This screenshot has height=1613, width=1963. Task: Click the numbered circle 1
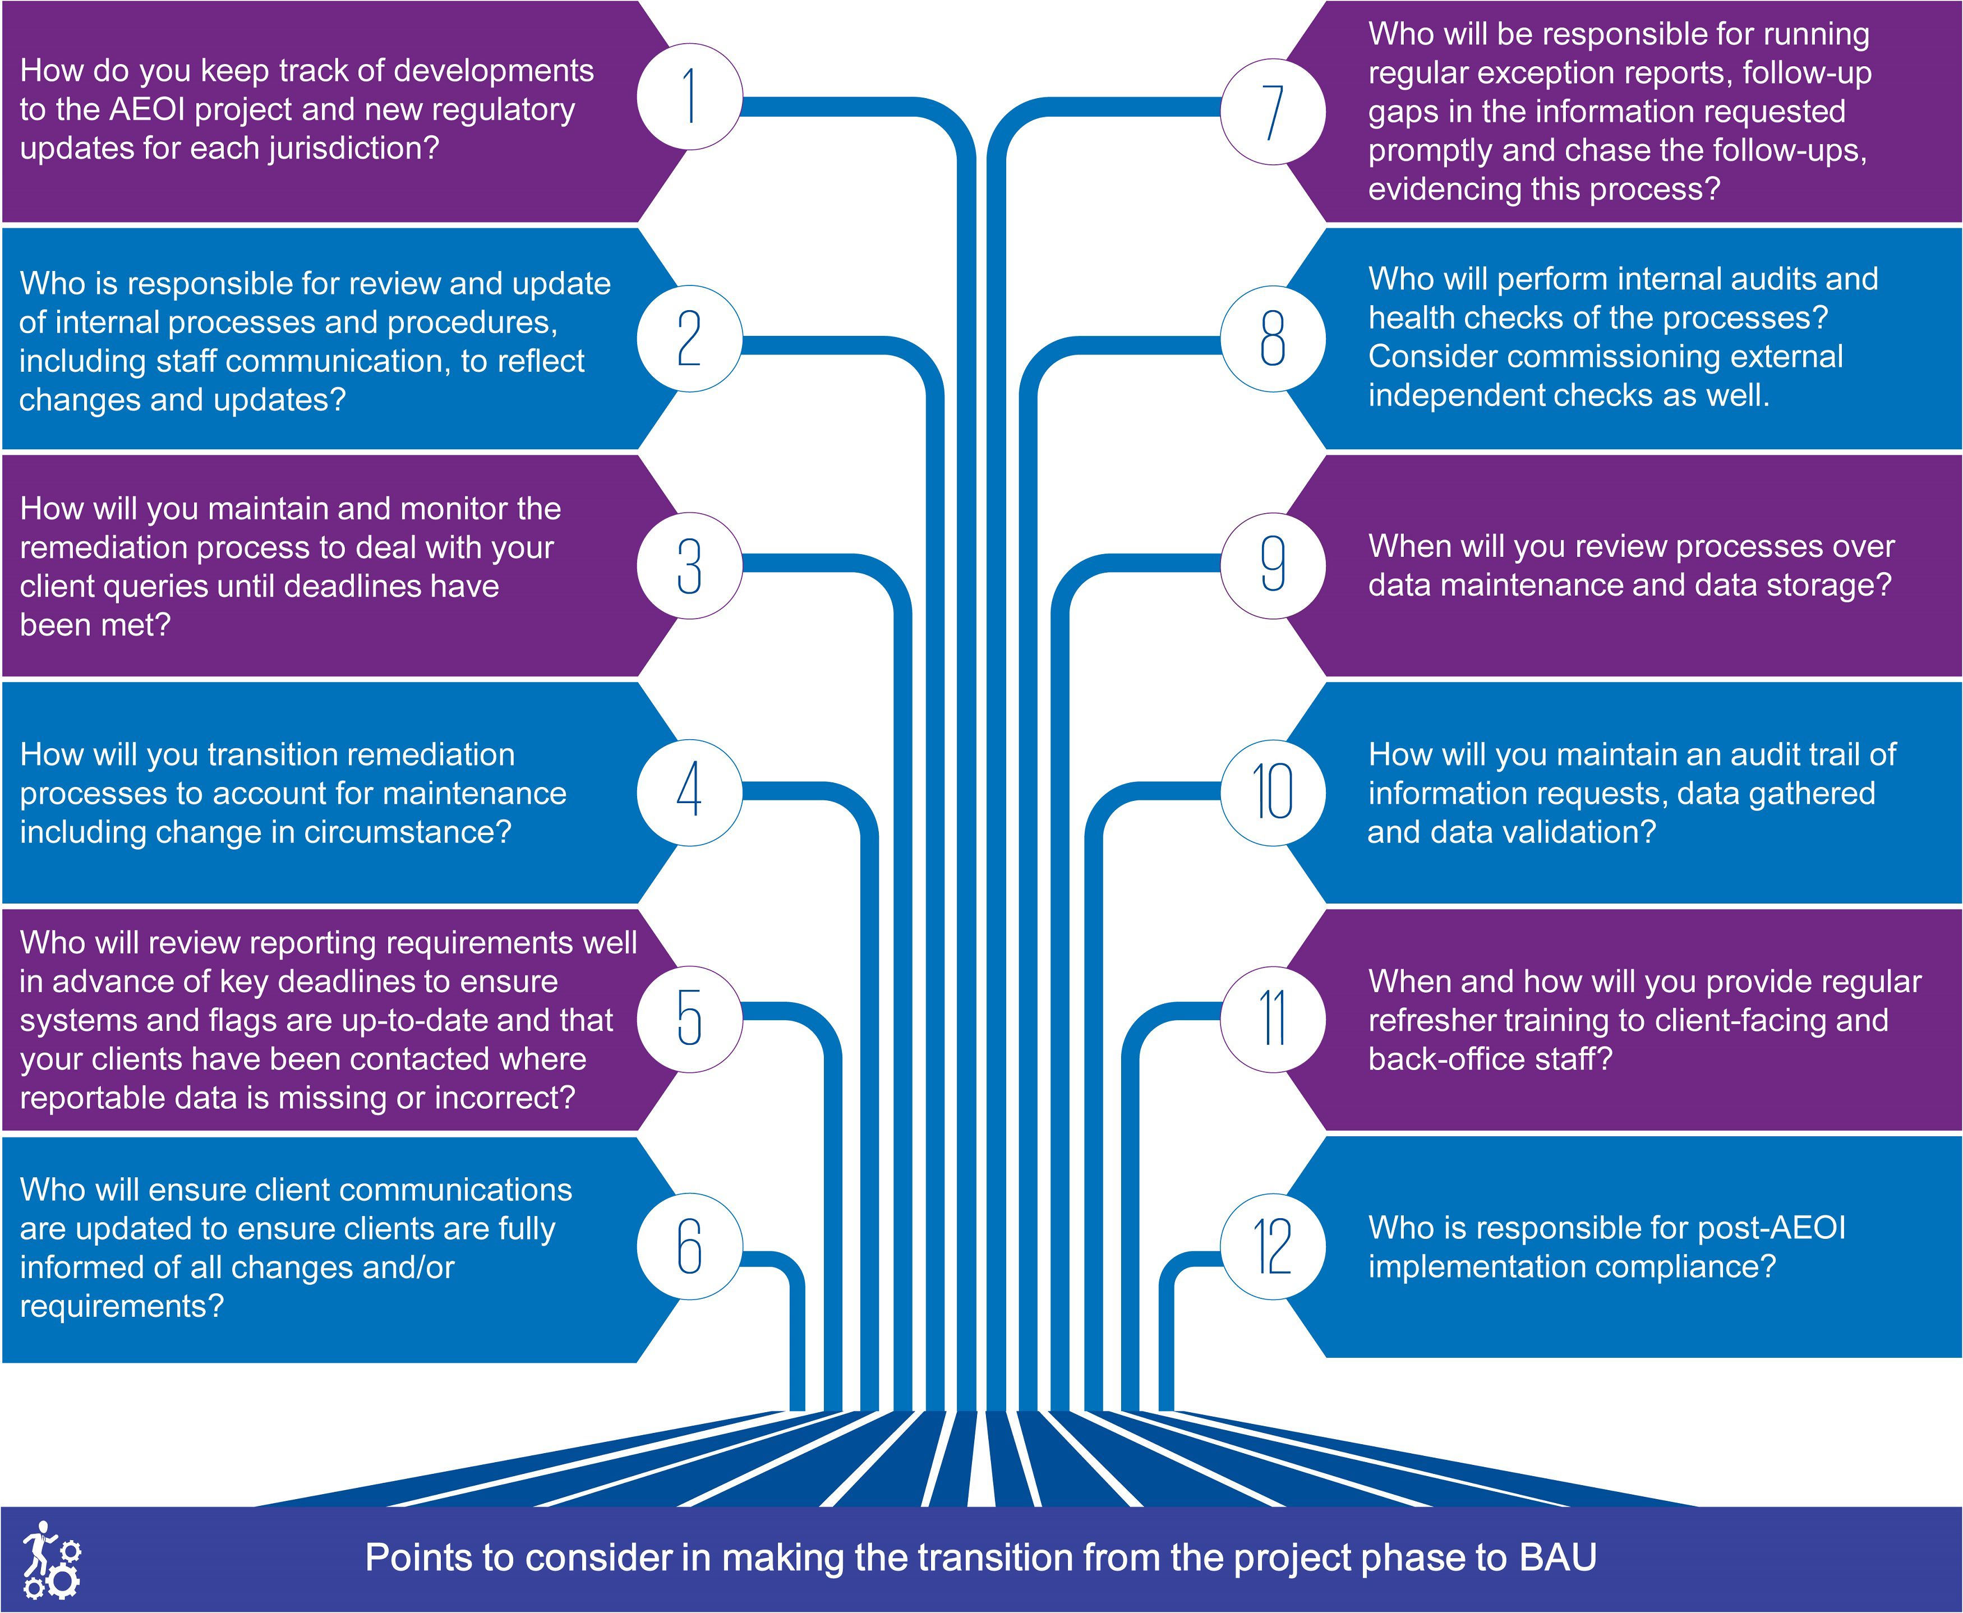coord(689,96)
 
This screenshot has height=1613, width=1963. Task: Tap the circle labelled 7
coord(1272,112)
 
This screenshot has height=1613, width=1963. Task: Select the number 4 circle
coord(689,791)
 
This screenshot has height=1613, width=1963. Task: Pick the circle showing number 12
coord(1272,1246)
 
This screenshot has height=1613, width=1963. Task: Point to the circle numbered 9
coord(1272,564)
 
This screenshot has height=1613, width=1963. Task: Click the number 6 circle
coord(689,1246)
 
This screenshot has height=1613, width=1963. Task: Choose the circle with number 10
coord(1272,791)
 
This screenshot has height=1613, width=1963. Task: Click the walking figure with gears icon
coord(51,1559)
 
